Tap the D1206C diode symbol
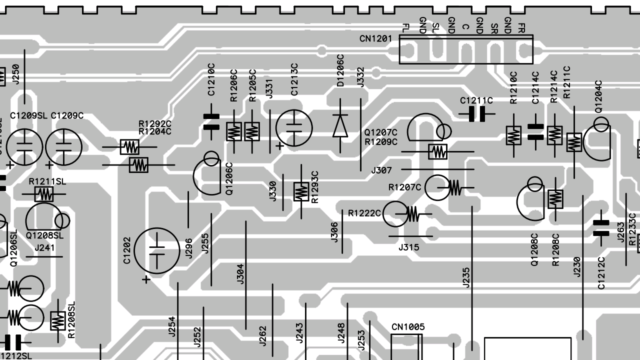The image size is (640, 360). (x=340, y=125)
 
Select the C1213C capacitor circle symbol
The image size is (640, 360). (x=294, y=128)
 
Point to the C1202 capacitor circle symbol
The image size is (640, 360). (x=157, y=251)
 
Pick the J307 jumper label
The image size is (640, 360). (x=381, y=170)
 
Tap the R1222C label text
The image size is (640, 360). (x=364, y=213)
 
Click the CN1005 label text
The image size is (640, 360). (x=408, y=327)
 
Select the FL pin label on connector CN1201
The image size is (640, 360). (x=405, y=28)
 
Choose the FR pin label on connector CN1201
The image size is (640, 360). (x=522, y=28)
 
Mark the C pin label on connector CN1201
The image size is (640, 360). (x=465, y=27)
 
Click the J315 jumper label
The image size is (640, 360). (x=408, y=247)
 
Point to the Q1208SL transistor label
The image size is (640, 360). (x=44, y=235)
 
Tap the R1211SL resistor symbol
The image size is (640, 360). (x=44, y=194)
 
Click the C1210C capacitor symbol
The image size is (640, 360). (x=211, y=121)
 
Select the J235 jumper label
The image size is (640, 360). (x=466, y=278)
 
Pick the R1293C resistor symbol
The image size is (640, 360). (x=301, y=191)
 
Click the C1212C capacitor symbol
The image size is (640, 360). (x=601, y=227)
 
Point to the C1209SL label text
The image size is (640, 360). (x=28, y=116)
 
